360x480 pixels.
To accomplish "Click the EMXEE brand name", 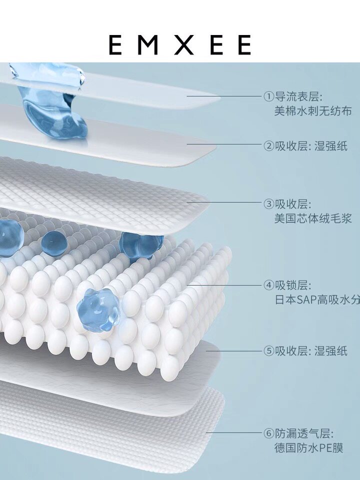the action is click(x=179, y=45).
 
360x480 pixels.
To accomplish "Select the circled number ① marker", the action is click(x=268, y=96).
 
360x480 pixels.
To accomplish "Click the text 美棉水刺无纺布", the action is click(x=312, y=111).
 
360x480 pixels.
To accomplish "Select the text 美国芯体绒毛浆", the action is click(x=312, y=218).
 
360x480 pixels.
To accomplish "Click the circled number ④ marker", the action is click(x=268, y=286).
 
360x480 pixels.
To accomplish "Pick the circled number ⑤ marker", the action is click(x=268, y=350).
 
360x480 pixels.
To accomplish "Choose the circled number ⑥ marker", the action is click(x=268, y=433).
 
